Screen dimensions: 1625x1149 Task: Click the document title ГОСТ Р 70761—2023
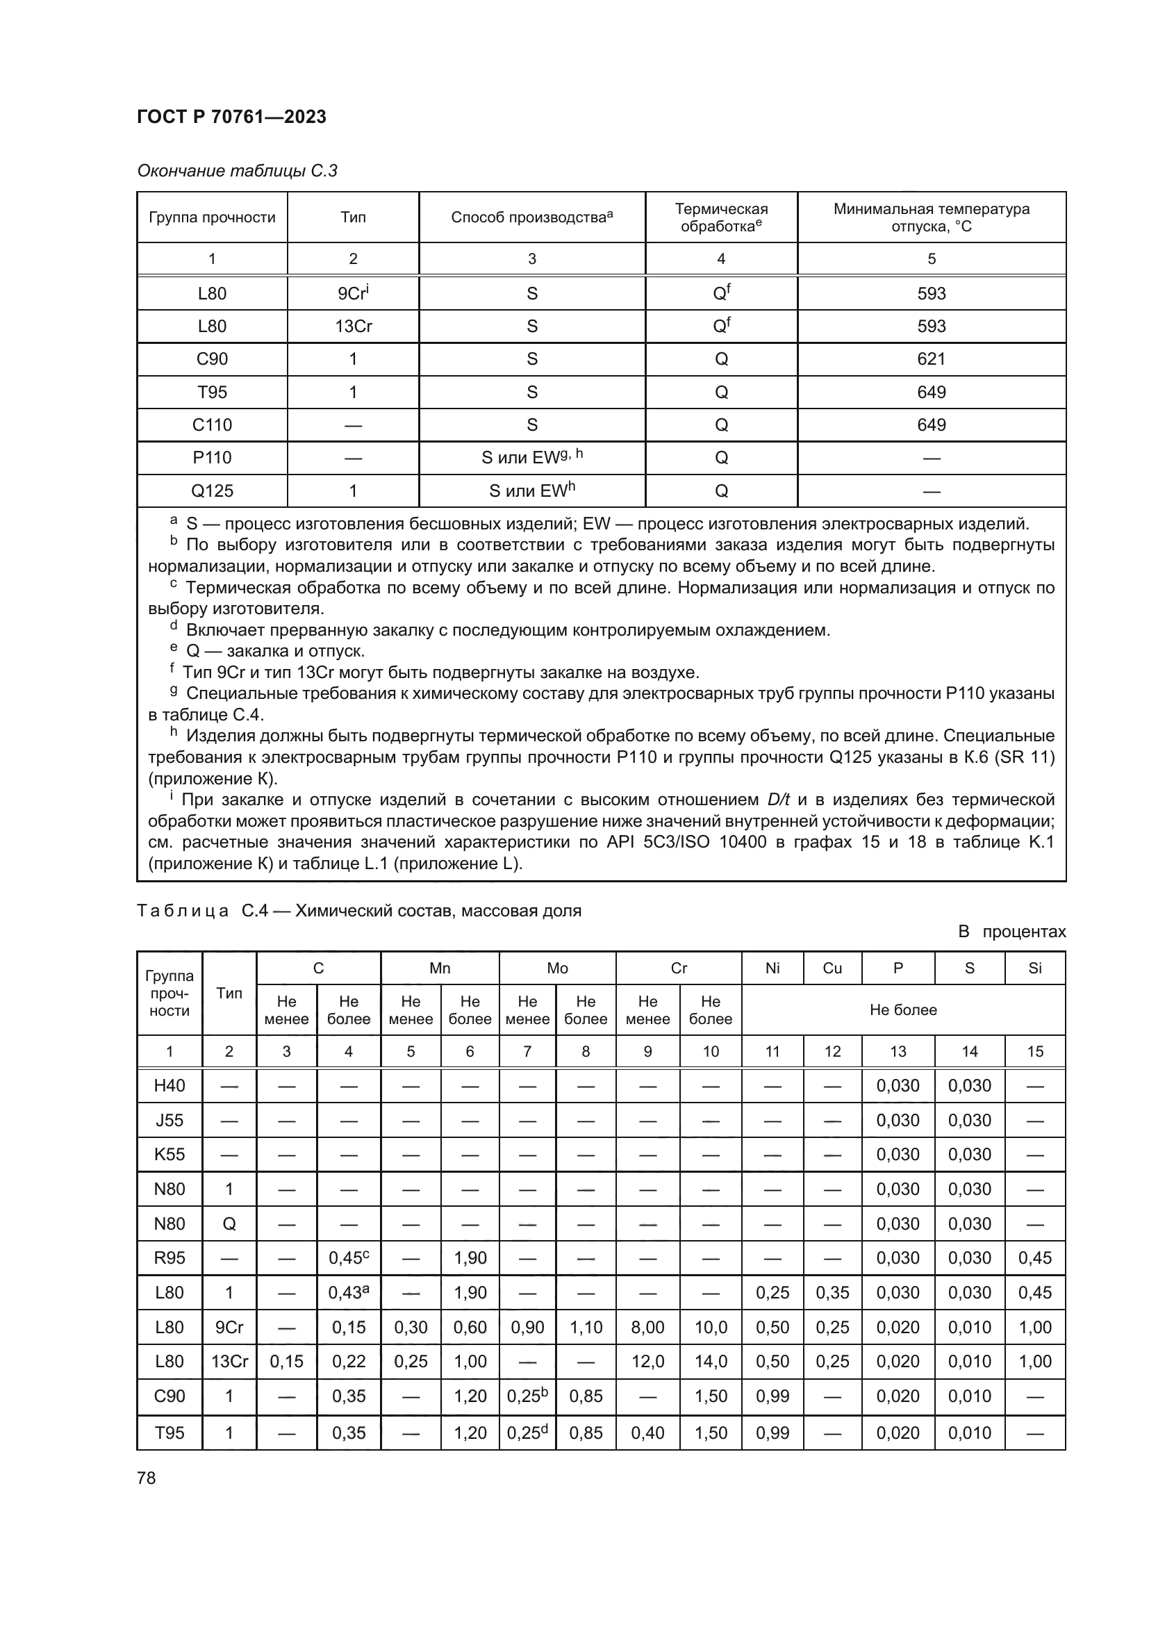231,117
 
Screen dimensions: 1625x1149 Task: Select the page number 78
147,1478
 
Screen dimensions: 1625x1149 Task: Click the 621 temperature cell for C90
930,358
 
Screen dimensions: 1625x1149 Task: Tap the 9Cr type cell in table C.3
353,293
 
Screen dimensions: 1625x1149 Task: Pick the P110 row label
212,457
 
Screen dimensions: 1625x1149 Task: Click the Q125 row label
212,490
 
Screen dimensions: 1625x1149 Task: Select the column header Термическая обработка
720,217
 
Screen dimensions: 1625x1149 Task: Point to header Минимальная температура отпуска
930,217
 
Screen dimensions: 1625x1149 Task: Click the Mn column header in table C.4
439,968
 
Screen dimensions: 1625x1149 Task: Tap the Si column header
1034,968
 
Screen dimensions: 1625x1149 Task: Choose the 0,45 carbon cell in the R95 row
348,1257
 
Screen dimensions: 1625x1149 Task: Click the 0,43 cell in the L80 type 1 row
348,1292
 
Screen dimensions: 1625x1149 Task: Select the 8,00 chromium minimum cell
647,1327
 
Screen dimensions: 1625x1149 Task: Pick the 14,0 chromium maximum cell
711,1361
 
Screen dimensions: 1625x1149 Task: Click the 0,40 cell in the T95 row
647,1433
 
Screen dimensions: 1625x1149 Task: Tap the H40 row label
169,1086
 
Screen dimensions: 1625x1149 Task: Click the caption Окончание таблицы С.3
237,171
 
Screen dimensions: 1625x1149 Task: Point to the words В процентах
1011,932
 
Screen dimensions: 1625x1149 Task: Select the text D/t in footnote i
778,800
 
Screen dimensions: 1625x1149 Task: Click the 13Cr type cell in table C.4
229,1361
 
